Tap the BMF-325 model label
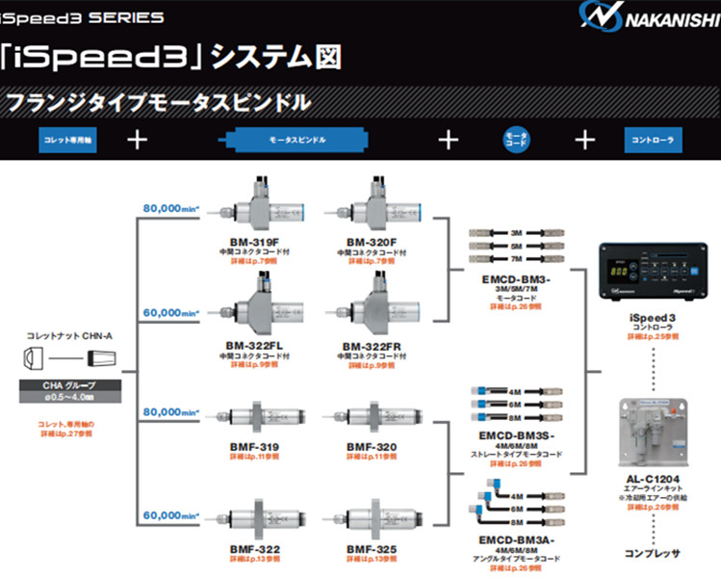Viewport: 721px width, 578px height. tap(372, 548)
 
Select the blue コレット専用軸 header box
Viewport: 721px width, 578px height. tap(69, 140)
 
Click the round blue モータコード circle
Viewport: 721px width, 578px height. tap(517, 140)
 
